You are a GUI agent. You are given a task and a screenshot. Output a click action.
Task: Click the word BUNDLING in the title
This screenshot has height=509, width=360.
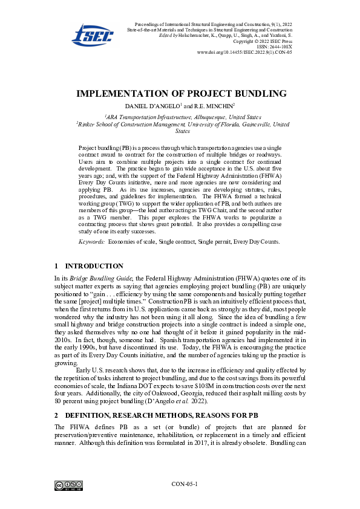257,94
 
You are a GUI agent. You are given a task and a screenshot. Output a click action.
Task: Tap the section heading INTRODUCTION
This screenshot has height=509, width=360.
94,266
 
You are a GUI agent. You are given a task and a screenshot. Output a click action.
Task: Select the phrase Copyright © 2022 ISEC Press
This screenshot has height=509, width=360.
263,41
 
